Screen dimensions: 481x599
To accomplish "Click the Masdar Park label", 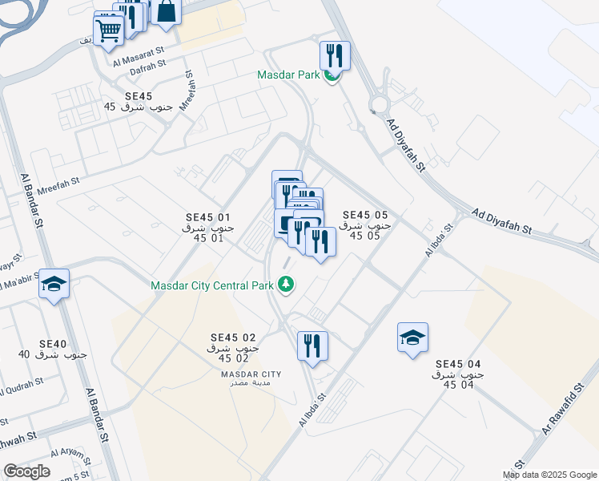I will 288,75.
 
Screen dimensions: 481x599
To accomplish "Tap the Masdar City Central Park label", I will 212,285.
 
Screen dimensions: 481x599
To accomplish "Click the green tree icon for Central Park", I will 284,285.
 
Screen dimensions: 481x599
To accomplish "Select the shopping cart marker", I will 108,31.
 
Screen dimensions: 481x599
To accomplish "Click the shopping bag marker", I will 167,12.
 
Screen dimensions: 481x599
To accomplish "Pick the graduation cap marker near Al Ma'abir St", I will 54,284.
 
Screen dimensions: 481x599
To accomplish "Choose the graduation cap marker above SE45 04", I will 412,338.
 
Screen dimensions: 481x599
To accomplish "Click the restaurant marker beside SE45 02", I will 312,346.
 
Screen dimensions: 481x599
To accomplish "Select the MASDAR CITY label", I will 251,374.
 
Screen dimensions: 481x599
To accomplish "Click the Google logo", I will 26,471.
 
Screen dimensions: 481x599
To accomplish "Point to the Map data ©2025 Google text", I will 550,475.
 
